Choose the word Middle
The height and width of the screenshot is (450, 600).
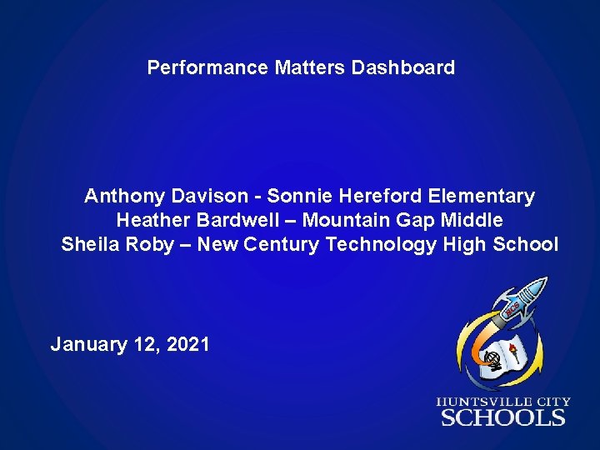point(472,221)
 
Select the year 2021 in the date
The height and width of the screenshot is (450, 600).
point(188,343)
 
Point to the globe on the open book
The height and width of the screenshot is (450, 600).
point(493,360)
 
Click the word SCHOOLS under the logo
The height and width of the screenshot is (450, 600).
point(503,417)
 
